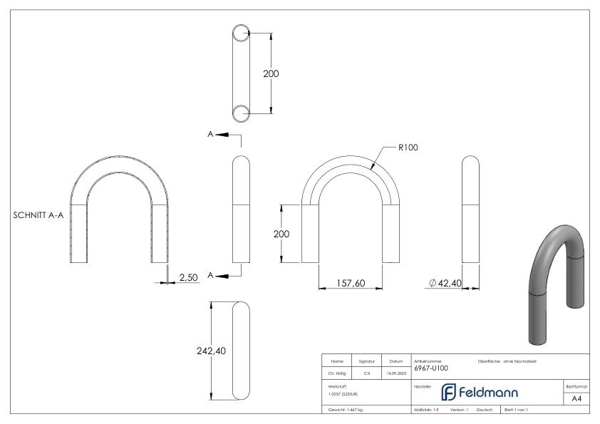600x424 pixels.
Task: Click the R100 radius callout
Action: [408, 148]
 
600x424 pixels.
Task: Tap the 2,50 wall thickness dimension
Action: [188, 278]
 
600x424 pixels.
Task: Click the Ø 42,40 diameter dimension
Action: [445, 284]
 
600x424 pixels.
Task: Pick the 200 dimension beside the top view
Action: [271, 73]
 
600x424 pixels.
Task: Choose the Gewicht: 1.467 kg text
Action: [345, 410]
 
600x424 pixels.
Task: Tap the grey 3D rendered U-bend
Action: [557, 285]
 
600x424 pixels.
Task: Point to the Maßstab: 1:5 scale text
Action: [426, 410]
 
